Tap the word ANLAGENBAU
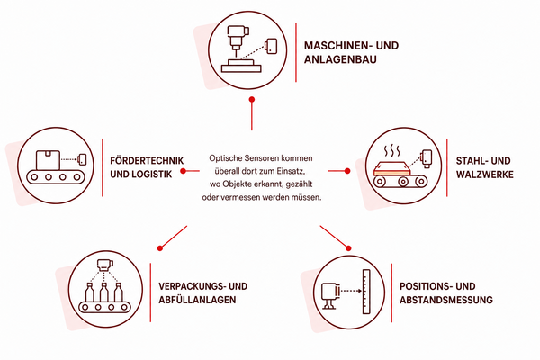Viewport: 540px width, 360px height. tap(340, 59)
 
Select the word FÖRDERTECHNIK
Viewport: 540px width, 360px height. tap(147, 160)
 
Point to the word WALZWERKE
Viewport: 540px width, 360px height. tap(485, 175)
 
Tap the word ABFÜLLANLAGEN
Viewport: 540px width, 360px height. tap(197, 300)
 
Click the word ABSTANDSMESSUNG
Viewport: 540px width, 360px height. tap(446, 300)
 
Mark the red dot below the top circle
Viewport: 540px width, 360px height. tap(252, 100)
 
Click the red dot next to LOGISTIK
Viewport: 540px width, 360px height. tap(184, 171)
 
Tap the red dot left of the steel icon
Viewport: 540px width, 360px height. tap(347, 171)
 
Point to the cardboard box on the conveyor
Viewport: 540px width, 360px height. tap(48, 160)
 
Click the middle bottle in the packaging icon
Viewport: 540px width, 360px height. tap(104, 292)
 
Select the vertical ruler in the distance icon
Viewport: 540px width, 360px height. tap(366, 292)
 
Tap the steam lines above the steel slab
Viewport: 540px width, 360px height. tap(391, 151)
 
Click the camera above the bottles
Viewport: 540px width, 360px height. tap(105, 265)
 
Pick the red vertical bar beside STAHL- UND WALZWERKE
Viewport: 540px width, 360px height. tap(447, 167)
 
